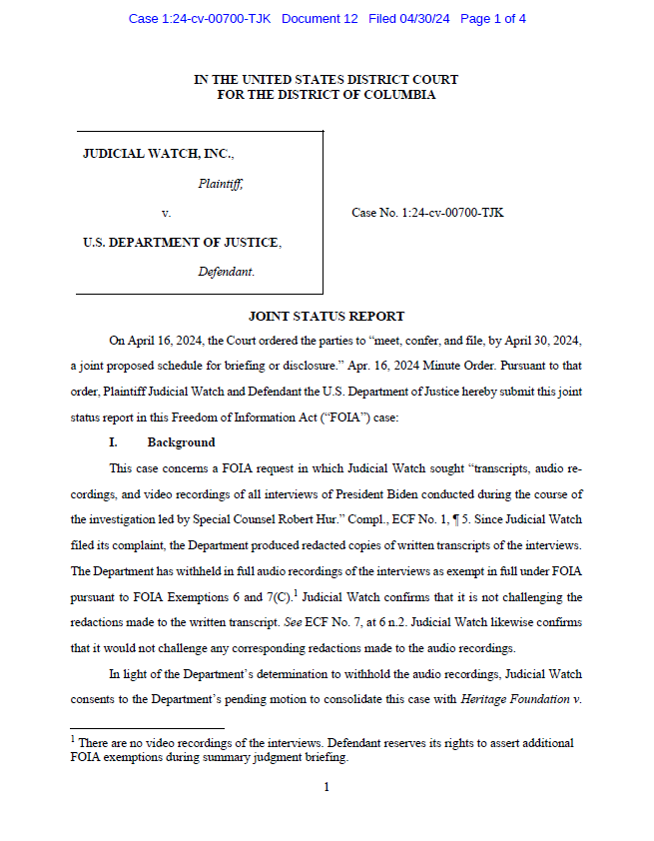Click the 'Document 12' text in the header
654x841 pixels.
pyautogui.click(x=320, y=19)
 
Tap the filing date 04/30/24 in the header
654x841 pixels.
pyautogui.click(x=424, y=19)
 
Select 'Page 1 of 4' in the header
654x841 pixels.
pyautogui.click(x=493, y=19)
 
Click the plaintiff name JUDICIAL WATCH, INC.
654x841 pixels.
pyautogui.click(x=158, y=155)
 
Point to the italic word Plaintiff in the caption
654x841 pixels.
pyautogui.click(x=220, y=184)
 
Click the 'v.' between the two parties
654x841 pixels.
pyautogui.click(x=166, y=213)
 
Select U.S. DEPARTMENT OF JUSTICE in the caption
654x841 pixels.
pyautogui.click(x=181, y=242)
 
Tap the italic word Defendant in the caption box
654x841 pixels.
pyautogui.click(x=226, y=271)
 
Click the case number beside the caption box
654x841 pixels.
pyautogui.click(x=427, y=213)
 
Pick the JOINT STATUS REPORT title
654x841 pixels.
pyautogui.click(x=326, y=317)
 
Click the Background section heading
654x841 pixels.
pyautogui.click(x=181, y=441)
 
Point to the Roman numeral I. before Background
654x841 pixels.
pyautogui.click(x=114, y=441)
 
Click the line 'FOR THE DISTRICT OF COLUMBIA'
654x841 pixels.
pyautogui.click(x=326, y=95)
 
